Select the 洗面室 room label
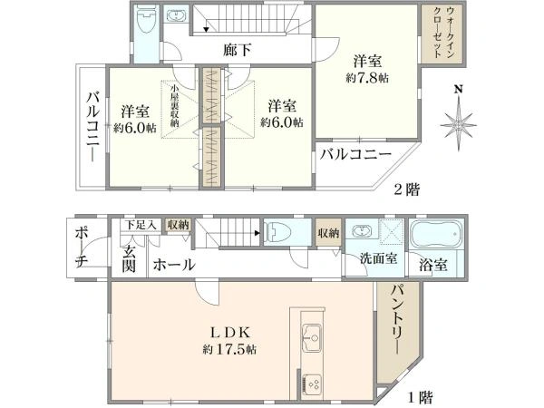pyautogui.click(x=379, y=258)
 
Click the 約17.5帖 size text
pyautogui.click(x=229, y=348)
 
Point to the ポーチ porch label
pyautogui.click(x=81, y=251)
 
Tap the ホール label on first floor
pyautogui.click(x=173, y=266)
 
